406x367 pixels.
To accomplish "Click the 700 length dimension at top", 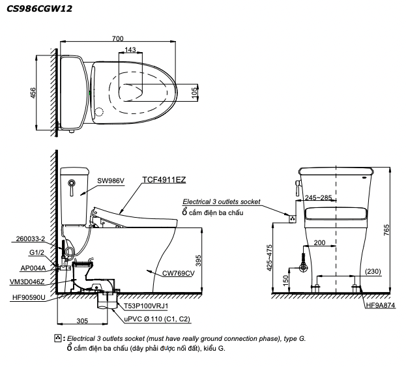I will tap(117, 38).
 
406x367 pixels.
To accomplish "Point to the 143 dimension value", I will tap(130, 50).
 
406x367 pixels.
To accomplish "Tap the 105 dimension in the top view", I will tap(194, 94).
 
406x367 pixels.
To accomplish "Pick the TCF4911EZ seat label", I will tap(165, 178).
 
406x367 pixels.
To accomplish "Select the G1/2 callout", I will tap(36, 253).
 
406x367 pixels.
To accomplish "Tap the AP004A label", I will tap(33, 267).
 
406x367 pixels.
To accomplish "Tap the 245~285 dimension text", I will tap(318, 198).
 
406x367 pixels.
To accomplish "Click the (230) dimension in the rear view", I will tap(373, 271).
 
